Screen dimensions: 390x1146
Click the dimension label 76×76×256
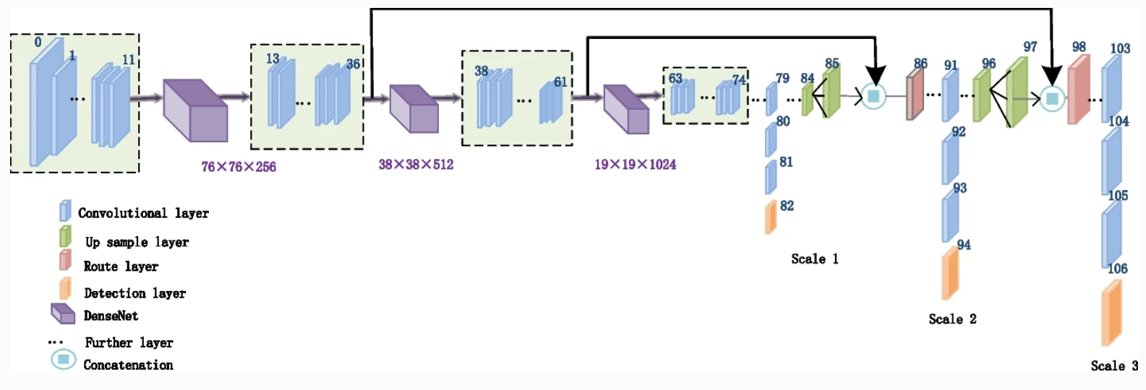tap(239, 167)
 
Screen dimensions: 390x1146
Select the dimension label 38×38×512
tap(416, 165)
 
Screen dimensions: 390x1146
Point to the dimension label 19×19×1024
tap(635, 165)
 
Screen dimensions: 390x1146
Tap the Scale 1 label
tap(814, 259)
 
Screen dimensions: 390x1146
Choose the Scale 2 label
tap(952, 318)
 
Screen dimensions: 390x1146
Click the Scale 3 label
tap(1114, 365)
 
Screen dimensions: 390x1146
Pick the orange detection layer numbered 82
tap(771, 217)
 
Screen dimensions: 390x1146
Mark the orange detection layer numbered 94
tap(950, 274)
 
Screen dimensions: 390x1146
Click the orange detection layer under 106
tap(1111, 313)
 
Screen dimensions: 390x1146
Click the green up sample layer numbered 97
tap(1017, 92)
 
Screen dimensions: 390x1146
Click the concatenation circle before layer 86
tap(873, 96)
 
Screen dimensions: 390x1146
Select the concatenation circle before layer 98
tap(1052, 98)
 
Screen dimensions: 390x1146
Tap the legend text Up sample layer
tap(137, 242)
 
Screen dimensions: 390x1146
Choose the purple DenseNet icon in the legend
tap(63, 314)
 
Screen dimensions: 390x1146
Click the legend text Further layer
tap(129, 342)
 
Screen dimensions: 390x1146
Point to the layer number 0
tap(38, 42)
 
